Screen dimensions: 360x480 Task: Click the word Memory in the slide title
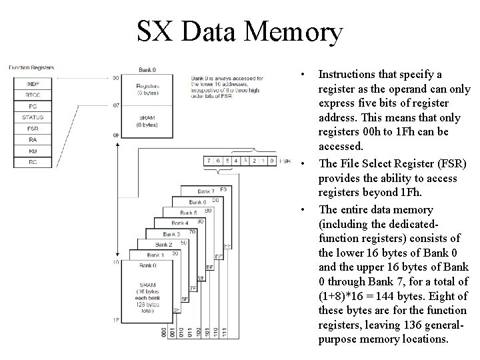pos(293,31)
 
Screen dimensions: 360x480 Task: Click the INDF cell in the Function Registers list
pos(32,83)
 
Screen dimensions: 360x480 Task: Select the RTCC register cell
pos(32,95)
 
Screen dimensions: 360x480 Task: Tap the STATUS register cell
pos(32,117)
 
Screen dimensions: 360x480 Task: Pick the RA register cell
pos(32,140)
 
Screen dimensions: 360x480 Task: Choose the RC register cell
pos(32,162)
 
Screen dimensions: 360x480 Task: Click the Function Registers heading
pos(31,67)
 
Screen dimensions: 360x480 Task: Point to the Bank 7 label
pos(207,191)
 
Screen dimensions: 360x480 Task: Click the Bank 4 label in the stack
pos(179,223)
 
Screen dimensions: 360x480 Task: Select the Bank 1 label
pos(155,255)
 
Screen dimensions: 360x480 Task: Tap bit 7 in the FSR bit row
pos(209,161)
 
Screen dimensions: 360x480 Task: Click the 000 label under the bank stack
pos(164,332)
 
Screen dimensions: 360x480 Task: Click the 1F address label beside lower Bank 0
pos(115,321)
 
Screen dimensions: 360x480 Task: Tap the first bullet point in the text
pos(303,74)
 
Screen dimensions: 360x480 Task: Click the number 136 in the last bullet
pos(393,325)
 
